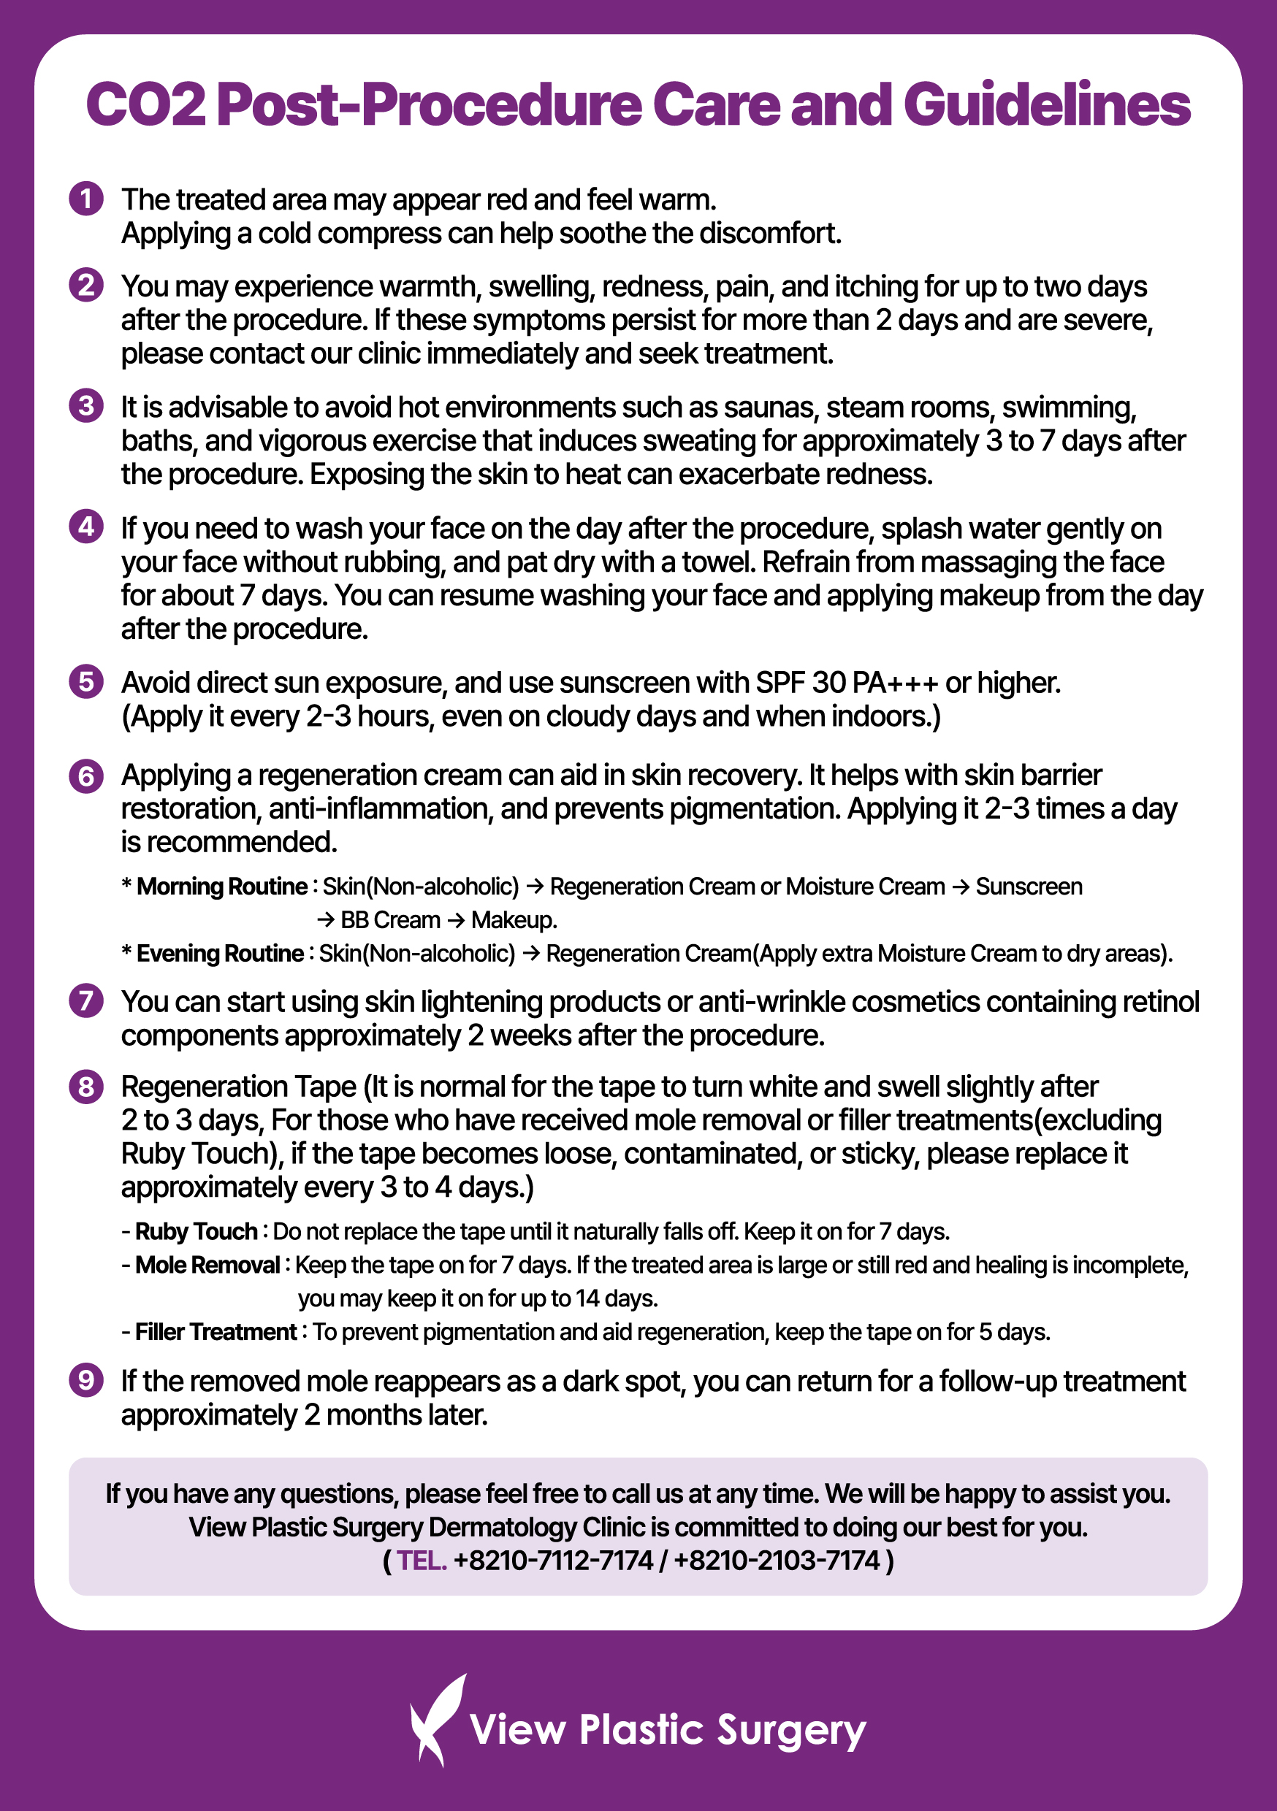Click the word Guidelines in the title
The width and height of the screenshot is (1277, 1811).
(x=1047, y=105)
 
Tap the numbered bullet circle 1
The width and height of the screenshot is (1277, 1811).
(x=86, y=199)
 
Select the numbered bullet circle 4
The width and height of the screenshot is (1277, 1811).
(x=86, y=526)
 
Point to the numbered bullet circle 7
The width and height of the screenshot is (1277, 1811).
(x=86, y=1001)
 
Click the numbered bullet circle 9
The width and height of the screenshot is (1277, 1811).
(x=86, y=1380)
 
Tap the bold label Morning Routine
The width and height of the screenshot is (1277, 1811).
(x=222, y=887)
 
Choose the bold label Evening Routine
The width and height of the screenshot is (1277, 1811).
(x=219, y=954)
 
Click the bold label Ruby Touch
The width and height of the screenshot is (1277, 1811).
(x=197, y=1231)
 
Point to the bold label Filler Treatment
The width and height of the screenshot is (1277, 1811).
(x=216, y=1332)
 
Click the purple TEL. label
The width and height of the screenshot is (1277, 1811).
(x=422, y=1561)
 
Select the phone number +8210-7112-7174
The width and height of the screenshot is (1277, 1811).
(x=553, y=1561)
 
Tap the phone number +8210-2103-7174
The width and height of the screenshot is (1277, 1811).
(x=777, y=1561)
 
